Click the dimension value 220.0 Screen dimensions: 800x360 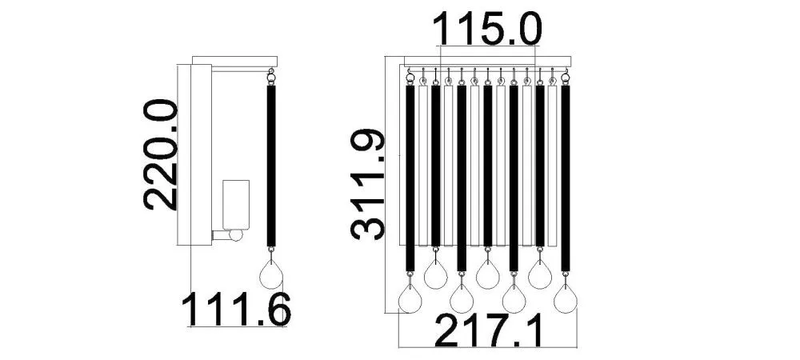click(x=161, y=154)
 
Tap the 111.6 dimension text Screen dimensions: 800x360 click(x=236, y=310)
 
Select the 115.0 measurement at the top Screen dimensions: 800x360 click(x=486, y=29)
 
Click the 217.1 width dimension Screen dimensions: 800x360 click(x=489, y=330)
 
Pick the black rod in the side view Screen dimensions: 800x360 click(x=271, y=166)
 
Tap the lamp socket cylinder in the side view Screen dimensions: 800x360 click(x=237, y=204)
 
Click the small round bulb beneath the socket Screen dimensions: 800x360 click(x=236, y=235)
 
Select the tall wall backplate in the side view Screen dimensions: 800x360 click(x=201, y=154)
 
